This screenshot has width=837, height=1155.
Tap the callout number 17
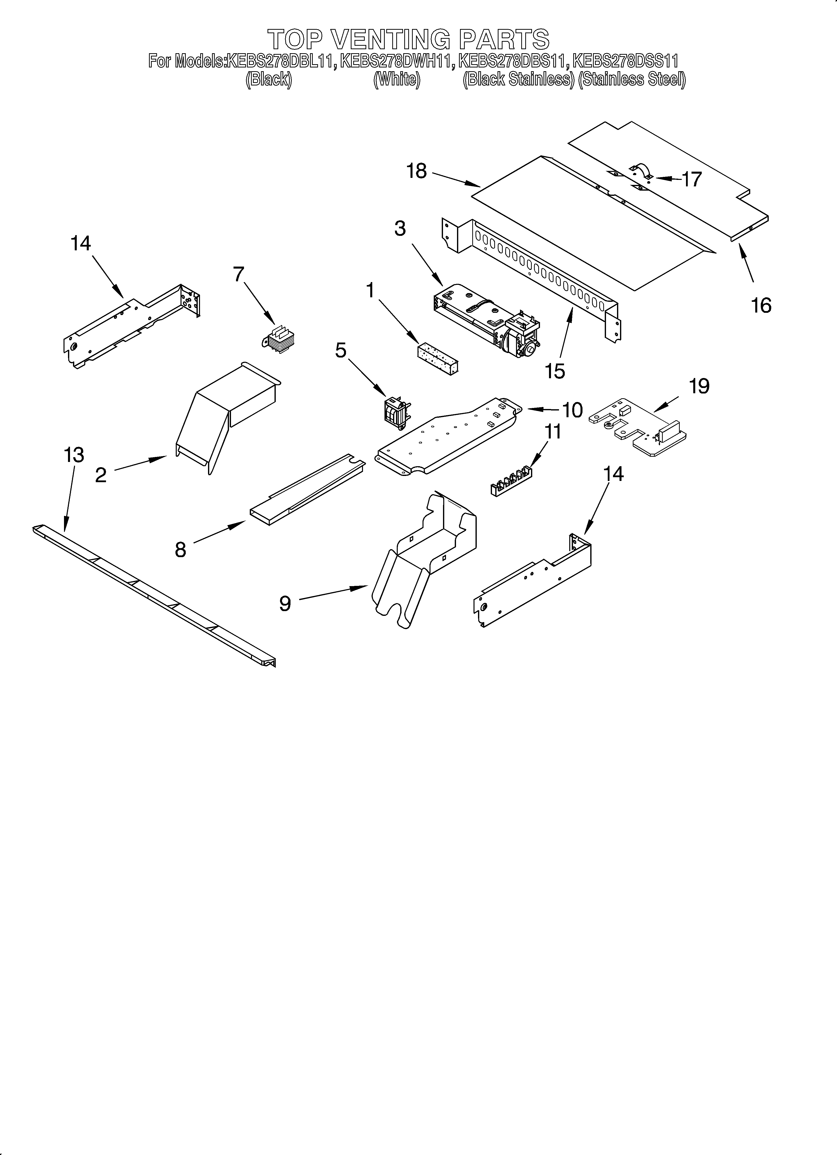[692, 179]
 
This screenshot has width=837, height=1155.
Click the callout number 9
[285, 603]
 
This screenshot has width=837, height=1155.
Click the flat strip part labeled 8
[306, 490]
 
